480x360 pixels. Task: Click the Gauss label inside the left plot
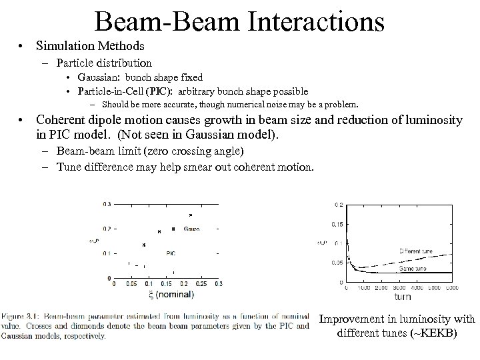(x=191, y=229)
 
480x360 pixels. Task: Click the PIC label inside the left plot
(x=171, y=253)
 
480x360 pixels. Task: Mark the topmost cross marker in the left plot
(x=191, y=215)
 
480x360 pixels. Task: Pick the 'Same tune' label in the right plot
(x=413, y=268)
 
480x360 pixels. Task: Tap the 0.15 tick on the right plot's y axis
(x=337, y=224)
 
